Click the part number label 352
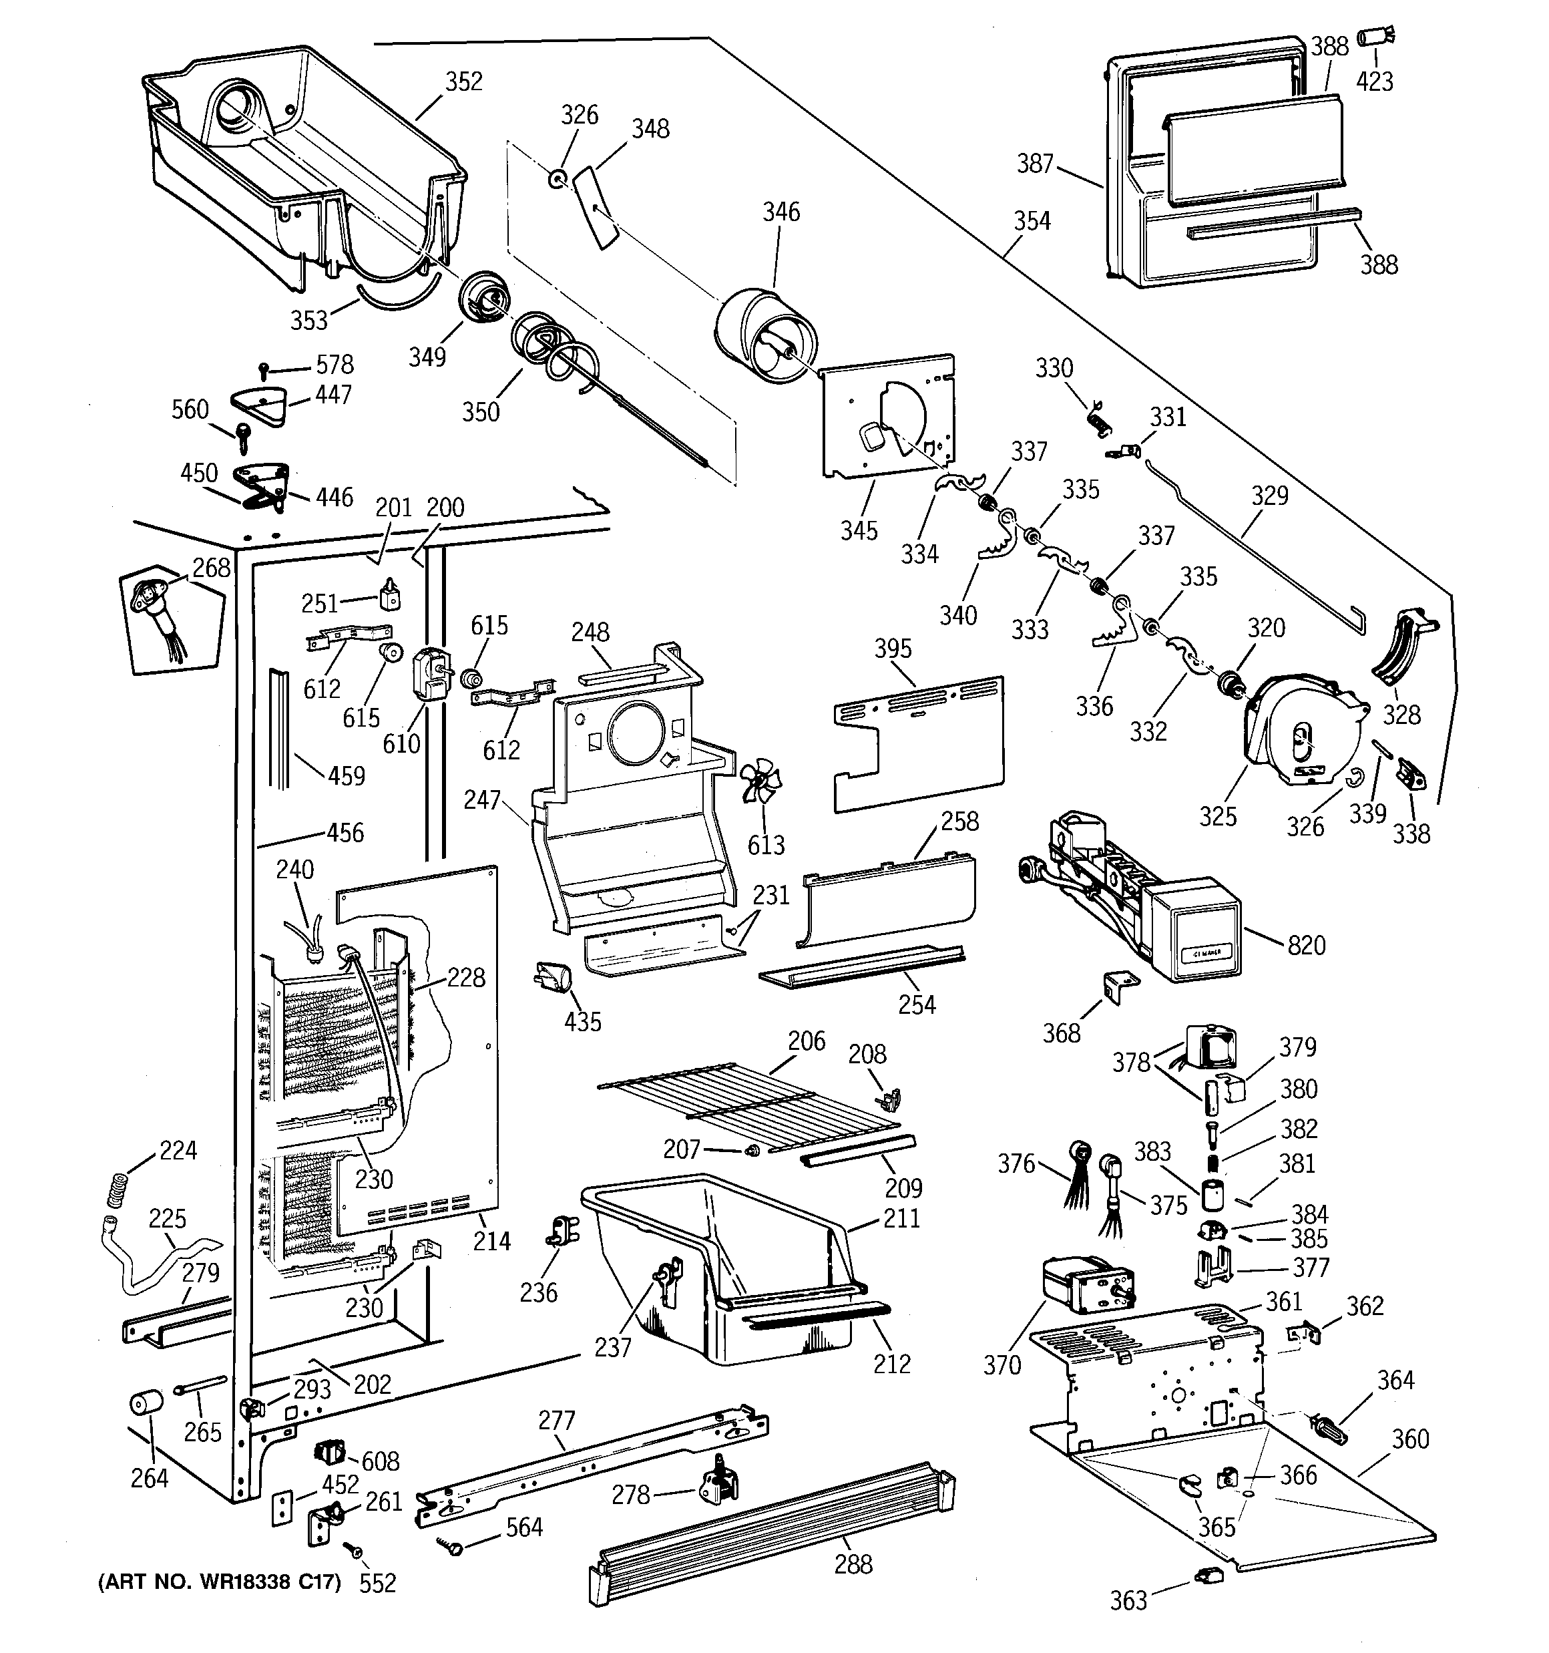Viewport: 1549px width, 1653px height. coord(463,81)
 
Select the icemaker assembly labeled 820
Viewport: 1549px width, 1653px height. coord(1128,896)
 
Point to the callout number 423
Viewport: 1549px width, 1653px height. coord(1374,81)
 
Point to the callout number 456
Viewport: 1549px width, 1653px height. coord(345,832)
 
